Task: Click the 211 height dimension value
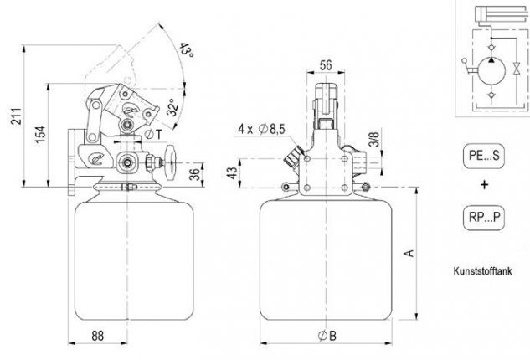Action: coord(17,116)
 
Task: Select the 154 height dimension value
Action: coord(40,134)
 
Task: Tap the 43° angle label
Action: coord(186,50)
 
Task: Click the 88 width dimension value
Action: coord(98,336)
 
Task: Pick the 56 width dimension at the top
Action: coord(326,65)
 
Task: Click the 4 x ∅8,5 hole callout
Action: coord(261,129)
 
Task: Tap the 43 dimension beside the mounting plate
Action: coord(232,173)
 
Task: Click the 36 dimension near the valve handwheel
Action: coord(195,174)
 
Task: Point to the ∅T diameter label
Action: coord(153,134)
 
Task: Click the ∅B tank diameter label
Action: coord(327,336)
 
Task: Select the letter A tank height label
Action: coord(409,253)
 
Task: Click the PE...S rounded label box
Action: coord(484,156)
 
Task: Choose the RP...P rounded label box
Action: coord(484,218)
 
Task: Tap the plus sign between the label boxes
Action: coord(485,184)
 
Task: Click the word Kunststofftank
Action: coord(482,270)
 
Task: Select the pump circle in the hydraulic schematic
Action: coord(491,71)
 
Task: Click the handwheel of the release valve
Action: coord(171,163)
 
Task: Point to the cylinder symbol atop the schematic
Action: coord(502,14)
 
